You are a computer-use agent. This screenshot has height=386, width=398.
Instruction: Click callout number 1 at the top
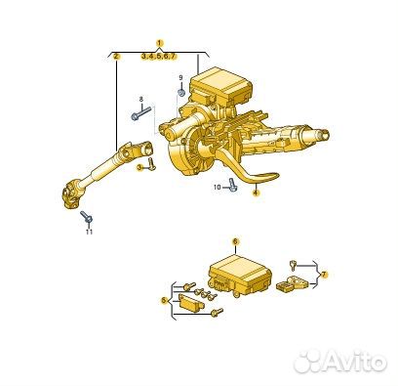click(159, 43)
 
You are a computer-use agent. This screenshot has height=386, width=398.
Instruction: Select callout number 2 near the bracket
click(116, 56)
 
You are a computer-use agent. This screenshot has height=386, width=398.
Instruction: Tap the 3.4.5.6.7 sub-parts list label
click(158, 57)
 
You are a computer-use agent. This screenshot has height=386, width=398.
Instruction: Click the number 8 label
click(140, 99)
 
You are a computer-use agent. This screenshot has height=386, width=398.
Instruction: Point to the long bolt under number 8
click(141, 112)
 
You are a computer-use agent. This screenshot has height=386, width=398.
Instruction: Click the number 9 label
click(181, 77)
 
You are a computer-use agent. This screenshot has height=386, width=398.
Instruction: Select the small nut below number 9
click(181, 93)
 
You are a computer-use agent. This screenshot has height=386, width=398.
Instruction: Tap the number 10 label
click(218, 187)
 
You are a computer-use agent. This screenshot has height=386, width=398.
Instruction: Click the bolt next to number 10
click(232, 185)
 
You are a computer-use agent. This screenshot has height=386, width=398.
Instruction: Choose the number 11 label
click(89, 232)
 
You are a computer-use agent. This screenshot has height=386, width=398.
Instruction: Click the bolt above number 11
click(87, 217)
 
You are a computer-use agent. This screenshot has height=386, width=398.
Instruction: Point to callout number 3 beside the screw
click(139, 168)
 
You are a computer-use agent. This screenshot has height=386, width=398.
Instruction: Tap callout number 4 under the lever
click(256, 193)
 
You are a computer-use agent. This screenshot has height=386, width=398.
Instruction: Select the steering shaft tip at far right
click(324, 135)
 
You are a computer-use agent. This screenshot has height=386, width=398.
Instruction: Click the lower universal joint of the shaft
click(70, 196)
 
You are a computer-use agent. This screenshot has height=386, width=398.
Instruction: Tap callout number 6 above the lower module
click(235, 241)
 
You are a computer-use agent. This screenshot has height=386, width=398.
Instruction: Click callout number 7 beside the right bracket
click(323, 275)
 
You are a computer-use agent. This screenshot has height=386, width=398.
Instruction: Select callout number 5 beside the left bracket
click(165, 301)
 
